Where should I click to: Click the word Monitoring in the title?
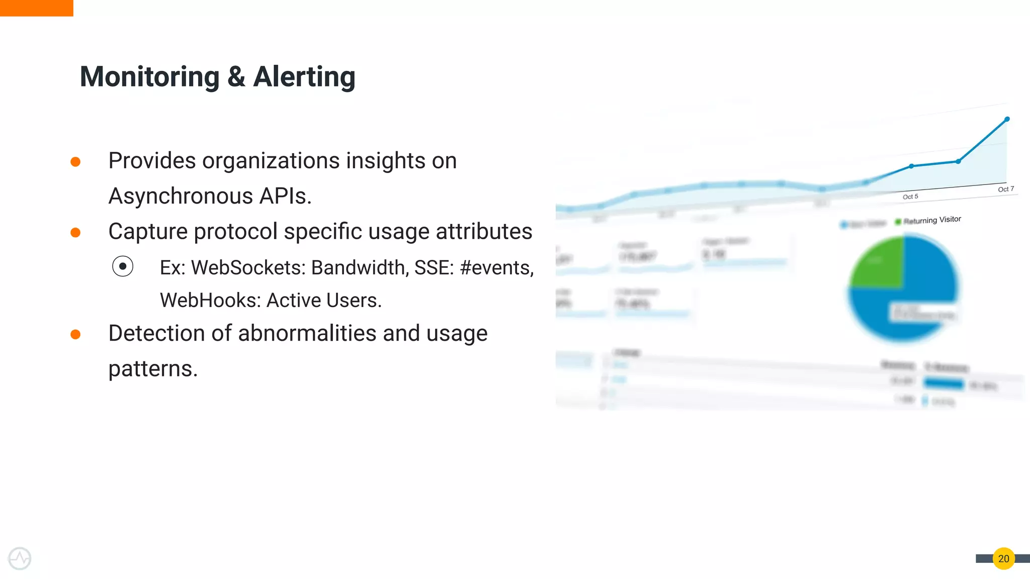tap(149, 77)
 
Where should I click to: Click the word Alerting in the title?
tap(304, 77)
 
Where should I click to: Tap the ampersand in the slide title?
tap(236, 77)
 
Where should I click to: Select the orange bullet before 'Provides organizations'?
tap(75, 162)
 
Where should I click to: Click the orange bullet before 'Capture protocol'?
tap(75, 233)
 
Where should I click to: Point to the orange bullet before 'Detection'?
tap(75, 335)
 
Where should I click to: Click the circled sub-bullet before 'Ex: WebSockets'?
tap(123, 266)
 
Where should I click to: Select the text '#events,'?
tap(496, 268)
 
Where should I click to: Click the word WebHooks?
tap(210, 301)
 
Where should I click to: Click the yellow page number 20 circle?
tap(1003, 558)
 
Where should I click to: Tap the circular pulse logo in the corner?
tap(20, 558)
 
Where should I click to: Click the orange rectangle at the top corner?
tap(36, 8)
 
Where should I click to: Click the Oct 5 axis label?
tap(910, 197)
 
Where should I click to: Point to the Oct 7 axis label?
tap(1006, 189)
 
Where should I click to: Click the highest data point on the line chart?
tap(1007, 119)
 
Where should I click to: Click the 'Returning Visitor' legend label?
tap(932, 220)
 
